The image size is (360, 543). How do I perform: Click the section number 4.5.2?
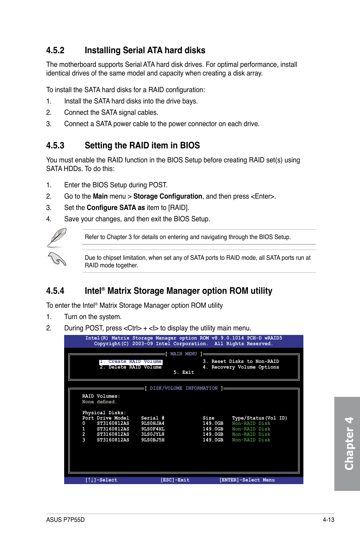(x=55, y=51)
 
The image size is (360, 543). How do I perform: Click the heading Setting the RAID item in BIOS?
(x=142, y=146)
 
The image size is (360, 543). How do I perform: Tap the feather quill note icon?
(x=57, y=238)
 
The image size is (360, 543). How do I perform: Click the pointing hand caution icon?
(x=57, y=259)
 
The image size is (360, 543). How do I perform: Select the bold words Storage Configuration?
(x=168, y=196)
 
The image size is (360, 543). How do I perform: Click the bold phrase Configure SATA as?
(x=115, y=208)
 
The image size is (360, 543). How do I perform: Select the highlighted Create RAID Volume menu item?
(x=131, y=362)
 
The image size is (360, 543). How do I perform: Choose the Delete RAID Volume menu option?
(x=131, y=367)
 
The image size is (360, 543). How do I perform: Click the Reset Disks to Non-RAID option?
(x=241, y=362)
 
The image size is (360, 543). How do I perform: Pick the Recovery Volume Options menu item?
(x=241, y=367)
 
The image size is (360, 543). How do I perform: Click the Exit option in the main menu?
(x=184, y=373)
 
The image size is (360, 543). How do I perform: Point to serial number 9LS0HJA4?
(x=153, y=424)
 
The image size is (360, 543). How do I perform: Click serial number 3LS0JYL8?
(x=153, y=435)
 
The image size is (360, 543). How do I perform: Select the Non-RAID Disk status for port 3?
(x=251, y=440)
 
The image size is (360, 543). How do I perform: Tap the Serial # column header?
(x=152, y=418)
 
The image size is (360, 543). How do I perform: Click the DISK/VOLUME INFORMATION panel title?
(x=184, y=389)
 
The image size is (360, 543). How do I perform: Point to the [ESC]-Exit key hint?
(x=175, y=480)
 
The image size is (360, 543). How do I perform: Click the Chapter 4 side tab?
(x=348, y=444)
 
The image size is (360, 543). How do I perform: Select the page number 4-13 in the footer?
(x=328, y=520)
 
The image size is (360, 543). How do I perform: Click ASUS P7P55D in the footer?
(x=65, y=520)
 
